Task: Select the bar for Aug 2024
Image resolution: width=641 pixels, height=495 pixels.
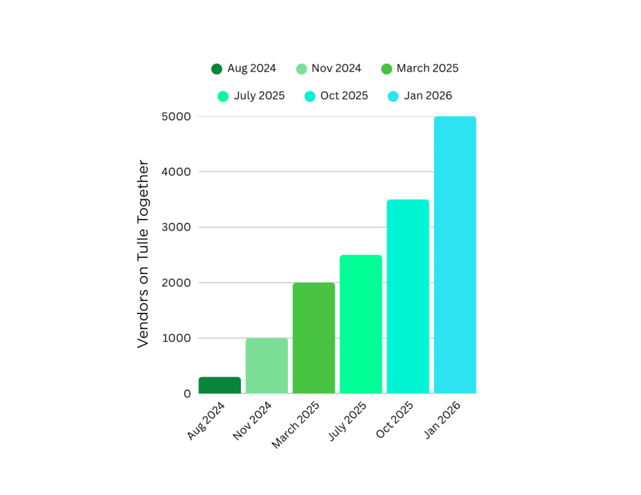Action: pyautogui.click(x=220, y=385)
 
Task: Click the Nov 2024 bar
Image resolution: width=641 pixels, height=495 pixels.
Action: pyautogui.click(x=267, y=366)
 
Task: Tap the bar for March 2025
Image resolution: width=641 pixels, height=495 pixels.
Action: pyautogui.click(x=314, y=338)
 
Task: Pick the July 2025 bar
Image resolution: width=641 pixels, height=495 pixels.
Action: pyautogui.click(x=361, y=324)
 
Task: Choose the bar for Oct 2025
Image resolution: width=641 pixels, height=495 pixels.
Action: pyautogui.click(x=408, y=297)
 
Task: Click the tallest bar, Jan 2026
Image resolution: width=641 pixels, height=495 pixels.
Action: pyautogui.click(x=455, y=255)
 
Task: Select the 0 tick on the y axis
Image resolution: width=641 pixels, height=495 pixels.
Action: pyautogui.click(x=187, y=394)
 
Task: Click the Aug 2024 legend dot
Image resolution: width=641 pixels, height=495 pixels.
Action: pyautogui.click(x=217, y=69)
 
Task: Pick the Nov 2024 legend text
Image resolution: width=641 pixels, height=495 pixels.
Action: pyautogui.click(x=336, y=68)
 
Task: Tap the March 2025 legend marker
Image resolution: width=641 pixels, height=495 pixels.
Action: pyautogui.click(x=386, y=69)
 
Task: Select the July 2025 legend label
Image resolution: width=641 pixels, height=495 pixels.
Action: pyautogui.click(x=259, y=96)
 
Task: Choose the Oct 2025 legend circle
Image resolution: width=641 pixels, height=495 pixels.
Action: pyautogui.click(x=310, y=96)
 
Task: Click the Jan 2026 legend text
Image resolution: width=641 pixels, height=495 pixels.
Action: pyautogui.click(x=428, y=96)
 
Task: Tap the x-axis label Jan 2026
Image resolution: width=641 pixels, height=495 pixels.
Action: pyautogui.click(x=443, y=420)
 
